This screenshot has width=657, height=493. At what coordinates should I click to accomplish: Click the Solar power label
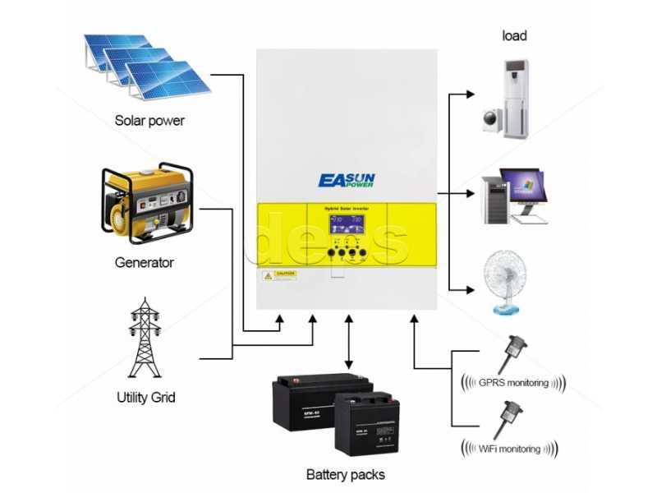click(149, 121)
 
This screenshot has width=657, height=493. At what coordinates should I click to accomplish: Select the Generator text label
click(144, 263)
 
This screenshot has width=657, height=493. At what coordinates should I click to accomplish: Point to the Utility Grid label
click(145, 398)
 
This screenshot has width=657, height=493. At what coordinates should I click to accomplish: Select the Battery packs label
click(345, 474)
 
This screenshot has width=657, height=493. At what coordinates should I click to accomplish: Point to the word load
click(514, 35)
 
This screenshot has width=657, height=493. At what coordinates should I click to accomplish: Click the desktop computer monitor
click(521, 187)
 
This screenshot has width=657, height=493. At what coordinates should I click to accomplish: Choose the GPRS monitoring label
click(513, 383)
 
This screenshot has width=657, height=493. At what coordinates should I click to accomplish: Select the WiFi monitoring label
click(510, 449)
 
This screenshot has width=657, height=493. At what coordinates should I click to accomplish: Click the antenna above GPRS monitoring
click(515, 350)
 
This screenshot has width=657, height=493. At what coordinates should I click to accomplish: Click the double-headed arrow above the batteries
click(350, 340)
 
